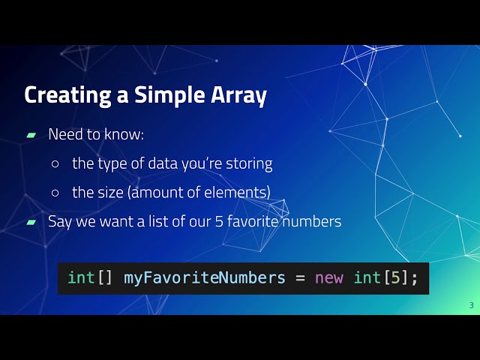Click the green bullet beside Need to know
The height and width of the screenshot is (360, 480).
tap(31, 135)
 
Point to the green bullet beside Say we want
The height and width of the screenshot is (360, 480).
tap(31, 221)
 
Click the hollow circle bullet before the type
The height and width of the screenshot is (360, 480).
tap(55, 163)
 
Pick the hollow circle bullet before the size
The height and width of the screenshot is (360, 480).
tap(55, 193)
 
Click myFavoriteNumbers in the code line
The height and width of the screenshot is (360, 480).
tap(204, 277)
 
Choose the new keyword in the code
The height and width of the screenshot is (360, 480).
tap(328, 277)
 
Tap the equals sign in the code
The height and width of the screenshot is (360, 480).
tap(300, 277)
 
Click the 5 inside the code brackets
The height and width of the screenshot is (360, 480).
tap(394, 277)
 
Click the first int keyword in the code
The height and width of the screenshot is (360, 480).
tap(81, 277)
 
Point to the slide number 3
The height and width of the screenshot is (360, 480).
tap(471, 304)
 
